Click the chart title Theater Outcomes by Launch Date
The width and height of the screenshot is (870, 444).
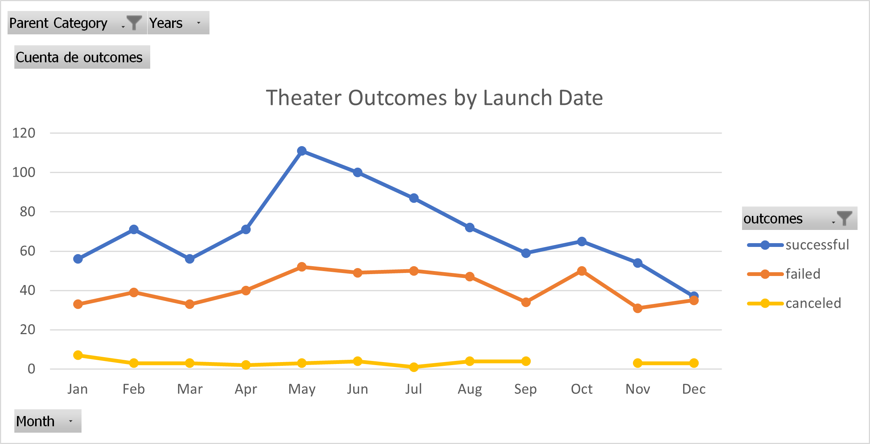coord(434,98)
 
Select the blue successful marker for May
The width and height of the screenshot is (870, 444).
coord(302,151)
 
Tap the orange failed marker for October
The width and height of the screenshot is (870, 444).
coord(582,271)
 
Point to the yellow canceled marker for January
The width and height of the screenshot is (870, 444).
coord(78,355)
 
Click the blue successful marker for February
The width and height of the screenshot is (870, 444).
coord(134,230)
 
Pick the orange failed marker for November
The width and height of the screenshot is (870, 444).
coord(637,308)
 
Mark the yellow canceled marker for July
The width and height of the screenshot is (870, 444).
coord(414,367)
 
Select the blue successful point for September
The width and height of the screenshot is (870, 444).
coord(526,253)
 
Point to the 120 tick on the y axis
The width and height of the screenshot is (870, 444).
coord(24,133)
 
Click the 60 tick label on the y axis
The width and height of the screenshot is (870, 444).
coord(28,251)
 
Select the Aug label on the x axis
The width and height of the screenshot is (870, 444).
coord(470,389)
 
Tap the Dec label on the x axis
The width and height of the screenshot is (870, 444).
coord(694,389)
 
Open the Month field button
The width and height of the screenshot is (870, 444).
coord(48,421)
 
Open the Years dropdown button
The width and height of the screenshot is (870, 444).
coord(178,23)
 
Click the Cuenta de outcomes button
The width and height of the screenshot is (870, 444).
coord(82,57)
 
